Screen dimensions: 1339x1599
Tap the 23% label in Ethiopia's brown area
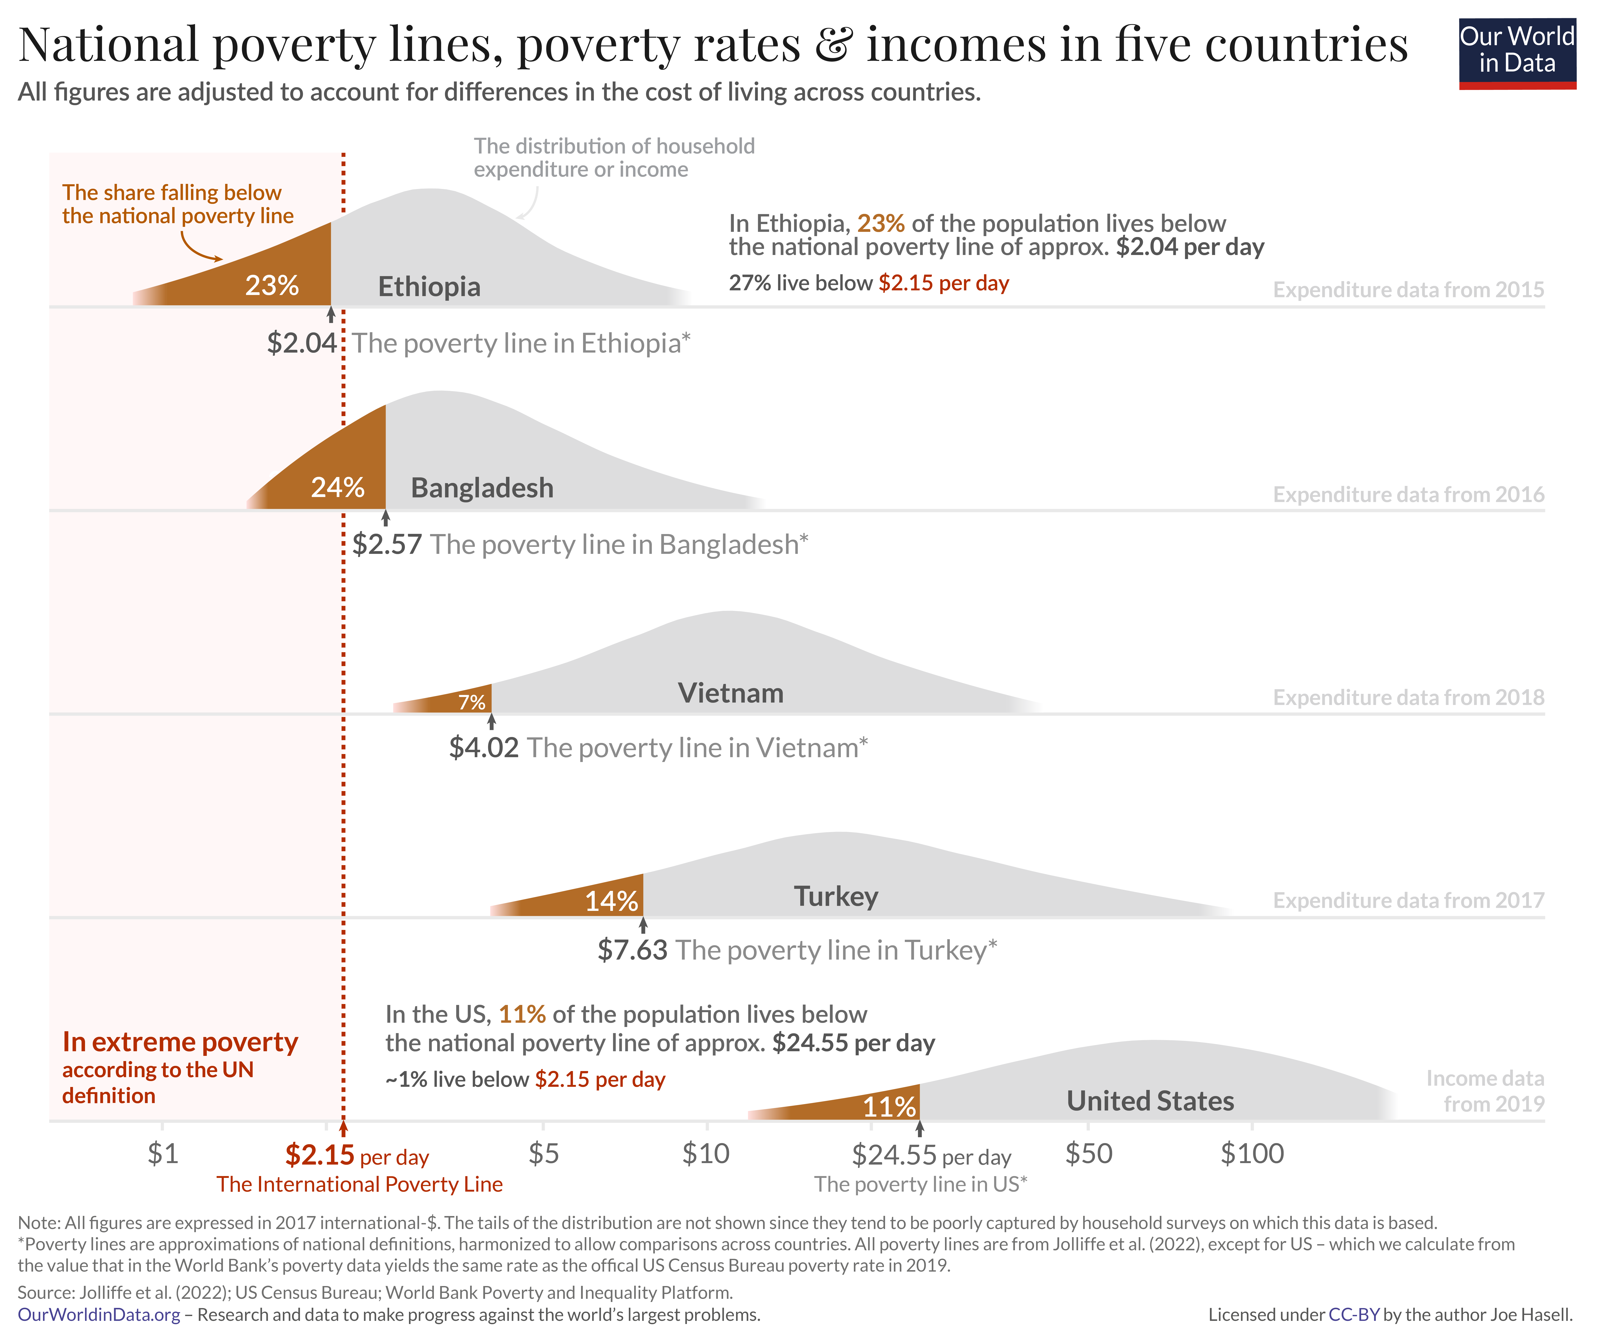(272, 286)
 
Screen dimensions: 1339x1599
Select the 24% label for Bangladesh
(337, 487)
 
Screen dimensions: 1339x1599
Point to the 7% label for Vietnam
(471, 702)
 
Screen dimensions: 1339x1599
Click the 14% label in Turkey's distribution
(611, 901)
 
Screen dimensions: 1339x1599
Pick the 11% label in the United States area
(888, 1106)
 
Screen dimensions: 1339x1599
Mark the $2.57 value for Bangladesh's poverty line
(387, 544)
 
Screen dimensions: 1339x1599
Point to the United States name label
(1150, 1101)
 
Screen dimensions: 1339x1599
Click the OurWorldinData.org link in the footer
(99, 1315)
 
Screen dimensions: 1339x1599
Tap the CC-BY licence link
(1354, 1315)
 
